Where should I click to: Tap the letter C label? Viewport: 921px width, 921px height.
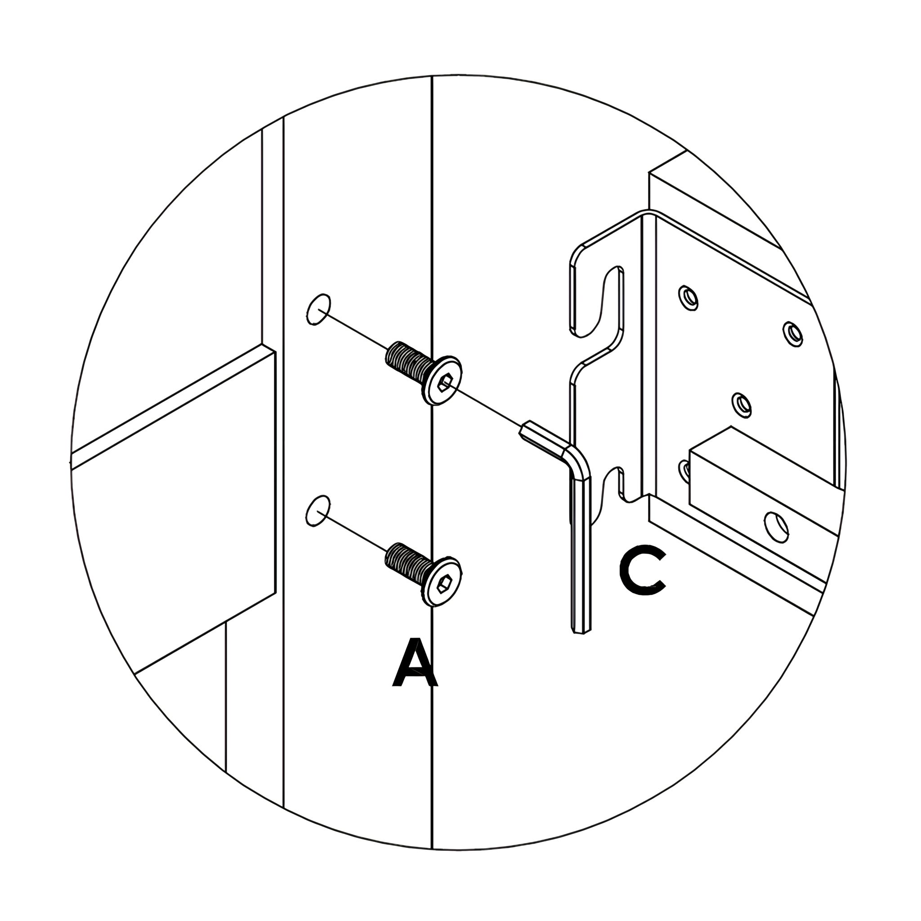pos(642,572)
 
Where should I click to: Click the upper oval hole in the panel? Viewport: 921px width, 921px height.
pos(318,310)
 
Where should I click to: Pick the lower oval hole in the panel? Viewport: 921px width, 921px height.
pos(318,511)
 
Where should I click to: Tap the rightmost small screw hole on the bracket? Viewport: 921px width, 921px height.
pos(792,334)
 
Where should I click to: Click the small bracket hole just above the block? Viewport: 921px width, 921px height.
pos(741,405)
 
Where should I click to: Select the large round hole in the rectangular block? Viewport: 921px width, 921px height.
pos(776,526)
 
